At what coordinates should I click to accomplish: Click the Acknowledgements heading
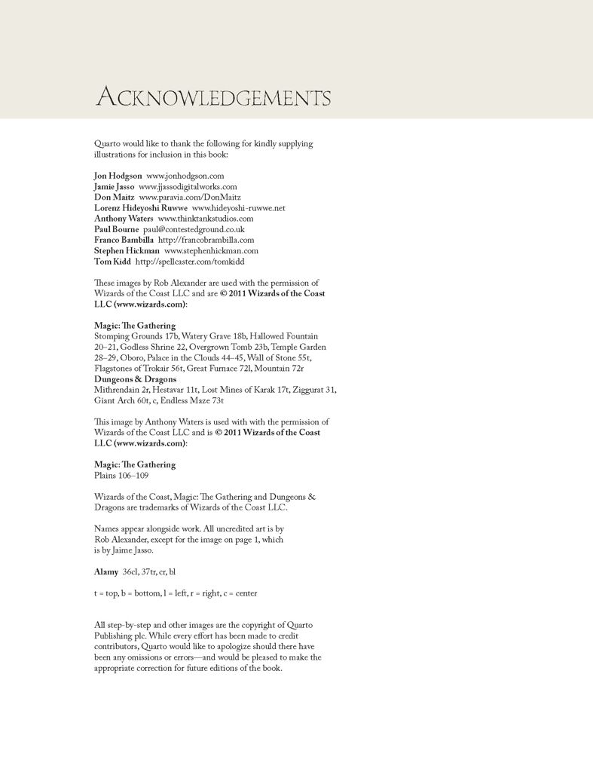click(x=213, y=98)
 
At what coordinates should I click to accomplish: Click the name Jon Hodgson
click(x=118, y=176)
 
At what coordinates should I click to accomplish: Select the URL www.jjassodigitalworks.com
click(x=188, y=186)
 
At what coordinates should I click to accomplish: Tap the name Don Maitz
click(x=114, y=197)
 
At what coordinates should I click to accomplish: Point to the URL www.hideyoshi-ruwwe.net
click(x=238, y=208)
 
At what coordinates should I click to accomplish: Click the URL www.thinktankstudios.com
click(x=205, y=219)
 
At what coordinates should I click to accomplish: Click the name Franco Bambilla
click(x=124, y=240)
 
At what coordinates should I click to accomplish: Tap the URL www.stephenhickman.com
click(x=211, y=250)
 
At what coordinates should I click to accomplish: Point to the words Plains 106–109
click(x=121, y=476)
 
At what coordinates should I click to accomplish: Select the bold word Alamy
click(x=106, y=572)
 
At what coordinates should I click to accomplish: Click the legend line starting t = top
click(x=176, y=593)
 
